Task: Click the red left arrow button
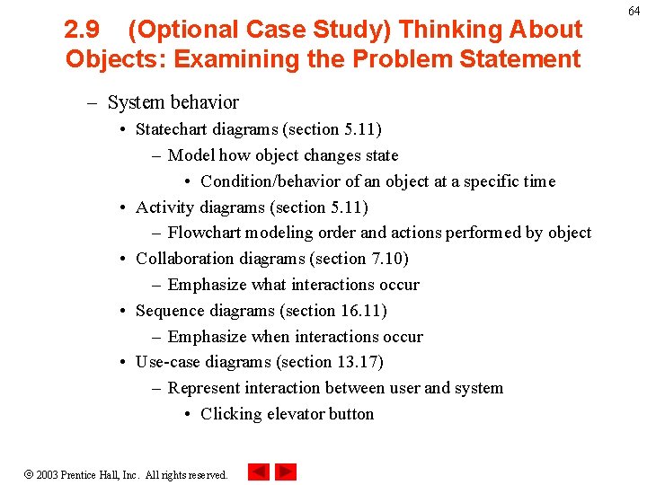pyautogui.click(x=259, y=472)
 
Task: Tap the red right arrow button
pyautogui.click(x=286, y=472)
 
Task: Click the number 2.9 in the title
pyautogui.click(x=83, y=30)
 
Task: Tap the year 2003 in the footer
pyautogui.click(x=47, y=474)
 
